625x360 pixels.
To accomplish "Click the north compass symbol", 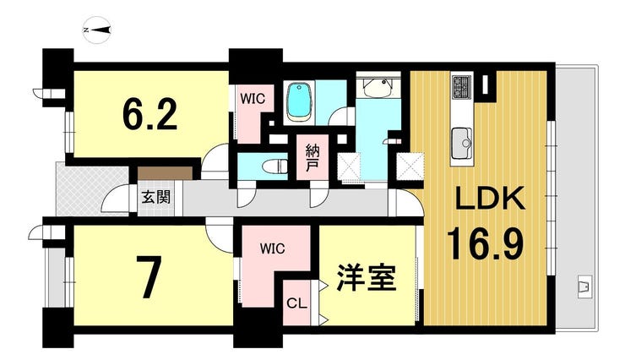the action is tap(97, 30).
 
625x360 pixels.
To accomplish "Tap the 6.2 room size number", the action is tap(149, 114).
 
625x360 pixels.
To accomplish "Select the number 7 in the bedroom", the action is tap(149, 278).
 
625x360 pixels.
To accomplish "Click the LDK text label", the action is tap(490, 199).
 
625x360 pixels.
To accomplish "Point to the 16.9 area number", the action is tap(485, 242).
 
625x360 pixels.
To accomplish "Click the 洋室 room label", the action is tap(367, 278).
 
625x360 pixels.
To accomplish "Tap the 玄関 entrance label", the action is tap(156, 197).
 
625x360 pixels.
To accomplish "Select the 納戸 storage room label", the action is tap(312, 157).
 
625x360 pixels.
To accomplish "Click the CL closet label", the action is tap(297, 303).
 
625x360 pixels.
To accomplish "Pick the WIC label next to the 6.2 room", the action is tap(253, 99).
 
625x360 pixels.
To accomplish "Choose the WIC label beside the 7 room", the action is tap(272, 248).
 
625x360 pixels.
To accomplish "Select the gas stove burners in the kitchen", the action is tap(462, 86).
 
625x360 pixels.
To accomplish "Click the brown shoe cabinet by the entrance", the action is tap(165, 173).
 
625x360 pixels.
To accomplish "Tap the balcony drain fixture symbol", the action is tap(584, 286).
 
